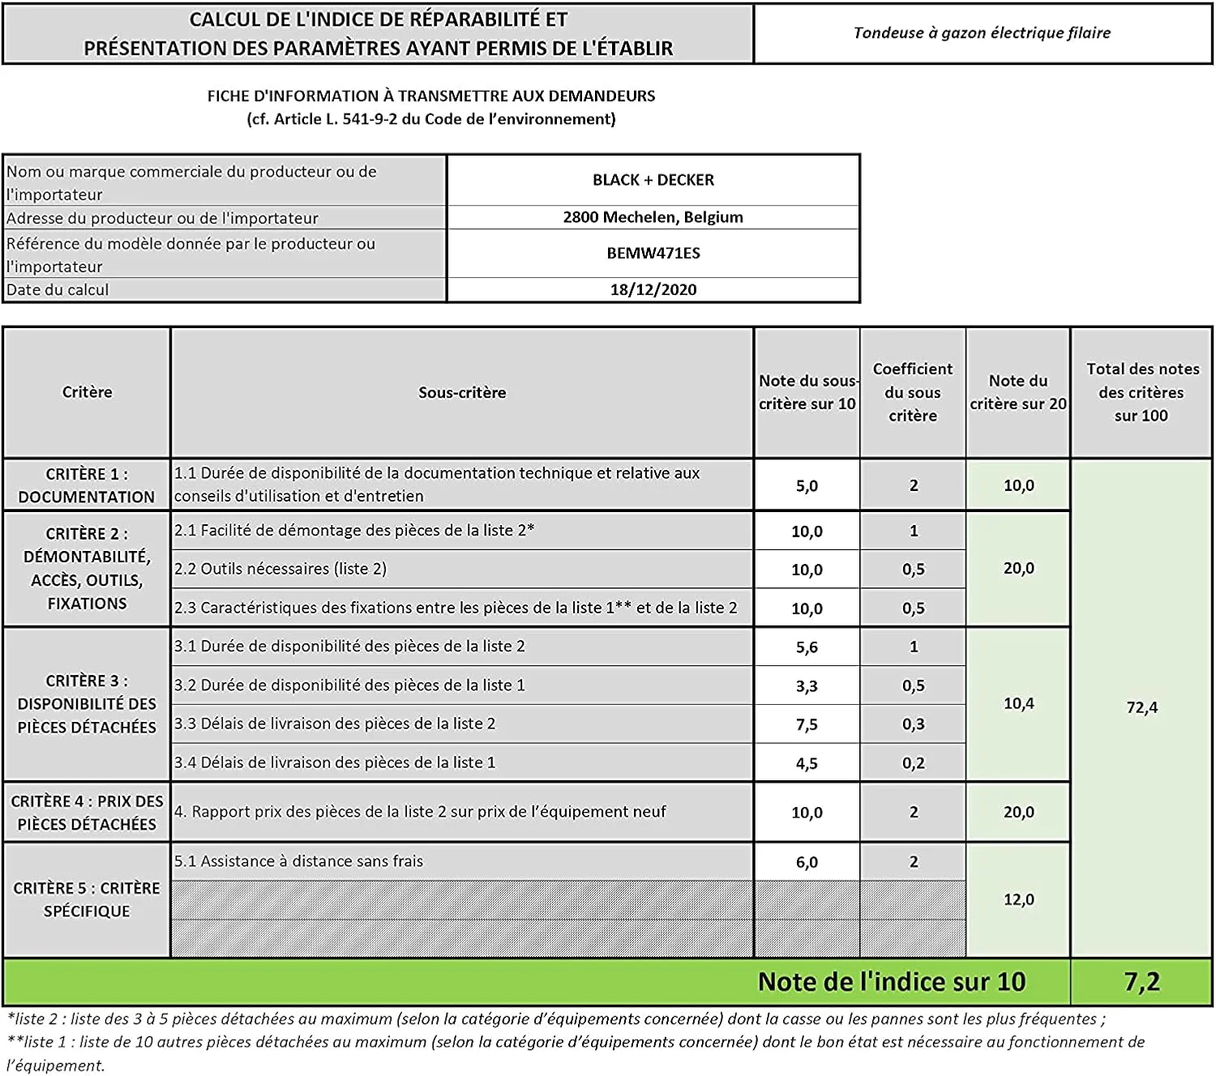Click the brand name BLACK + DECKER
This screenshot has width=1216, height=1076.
coord(653,180)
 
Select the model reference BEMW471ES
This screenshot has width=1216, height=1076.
coord(653,253)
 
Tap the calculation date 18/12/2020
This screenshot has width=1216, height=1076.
coord(653,289)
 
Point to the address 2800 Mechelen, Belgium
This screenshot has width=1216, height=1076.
coord(653,217)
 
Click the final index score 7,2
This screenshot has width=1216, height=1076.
coord(1141,982)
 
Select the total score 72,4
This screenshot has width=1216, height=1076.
coord(1141,707)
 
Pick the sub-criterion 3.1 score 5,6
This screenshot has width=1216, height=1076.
coord(807,647)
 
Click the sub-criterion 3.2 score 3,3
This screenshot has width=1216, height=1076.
coord(807,686)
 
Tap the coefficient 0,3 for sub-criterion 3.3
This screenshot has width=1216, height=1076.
coord(913,724)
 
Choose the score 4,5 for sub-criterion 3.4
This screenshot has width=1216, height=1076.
coord(807,763)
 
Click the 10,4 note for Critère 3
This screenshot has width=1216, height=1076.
coord(1018,703)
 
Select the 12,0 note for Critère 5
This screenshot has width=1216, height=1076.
coord(1018,899)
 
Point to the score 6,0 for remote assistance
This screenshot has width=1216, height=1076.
coord(807,862)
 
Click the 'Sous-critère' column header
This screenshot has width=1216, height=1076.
coord(462,393)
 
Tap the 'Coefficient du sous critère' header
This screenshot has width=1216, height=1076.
coord(913,392)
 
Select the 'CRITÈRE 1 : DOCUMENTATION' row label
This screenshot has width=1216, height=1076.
coord(87,485)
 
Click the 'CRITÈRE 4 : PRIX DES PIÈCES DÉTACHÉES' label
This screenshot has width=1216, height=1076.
coord(87,813)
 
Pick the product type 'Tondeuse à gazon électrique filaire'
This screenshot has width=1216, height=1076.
coord(982,33)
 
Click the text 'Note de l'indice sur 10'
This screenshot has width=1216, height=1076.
coord(892,982)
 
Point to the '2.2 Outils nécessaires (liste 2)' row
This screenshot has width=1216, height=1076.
coord(280,569)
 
